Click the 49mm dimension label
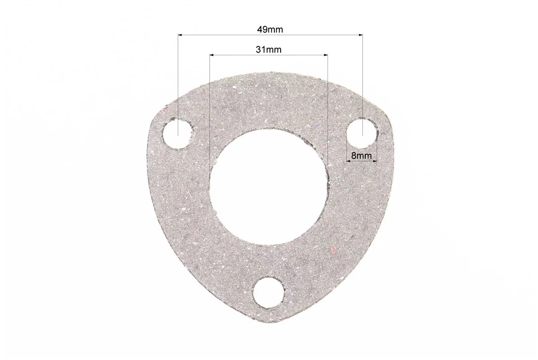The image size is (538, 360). click(270, 30)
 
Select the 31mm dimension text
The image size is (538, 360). click(268, 50)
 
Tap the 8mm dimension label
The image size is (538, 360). click(361, 156)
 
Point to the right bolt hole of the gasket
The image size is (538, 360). click(362, 134)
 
